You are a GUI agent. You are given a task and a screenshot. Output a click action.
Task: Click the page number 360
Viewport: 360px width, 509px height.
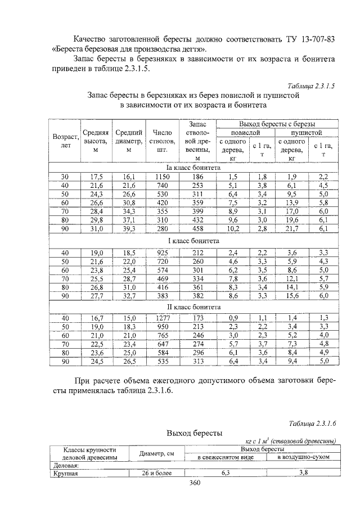(195, 483)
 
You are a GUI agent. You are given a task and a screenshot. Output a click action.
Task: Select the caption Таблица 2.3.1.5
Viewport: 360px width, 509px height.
(310, 86)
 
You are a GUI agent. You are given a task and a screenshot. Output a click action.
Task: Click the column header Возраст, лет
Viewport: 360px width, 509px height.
(65, 141)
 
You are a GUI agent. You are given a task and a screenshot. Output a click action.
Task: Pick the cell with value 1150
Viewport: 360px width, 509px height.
(162, 177)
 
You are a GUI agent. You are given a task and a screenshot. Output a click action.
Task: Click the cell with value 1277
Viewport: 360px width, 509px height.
(162, 318)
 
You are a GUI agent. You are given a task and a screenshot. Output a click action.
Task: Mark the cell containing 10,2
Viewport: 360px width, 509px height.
(233, 229)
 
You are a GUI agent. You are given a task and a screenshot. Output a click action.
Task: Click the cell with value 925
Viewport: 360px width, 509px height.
(162, 253)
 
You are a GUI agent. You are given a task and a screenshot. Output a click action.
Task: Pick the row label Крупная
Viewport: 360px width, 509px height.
(65, 473)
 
